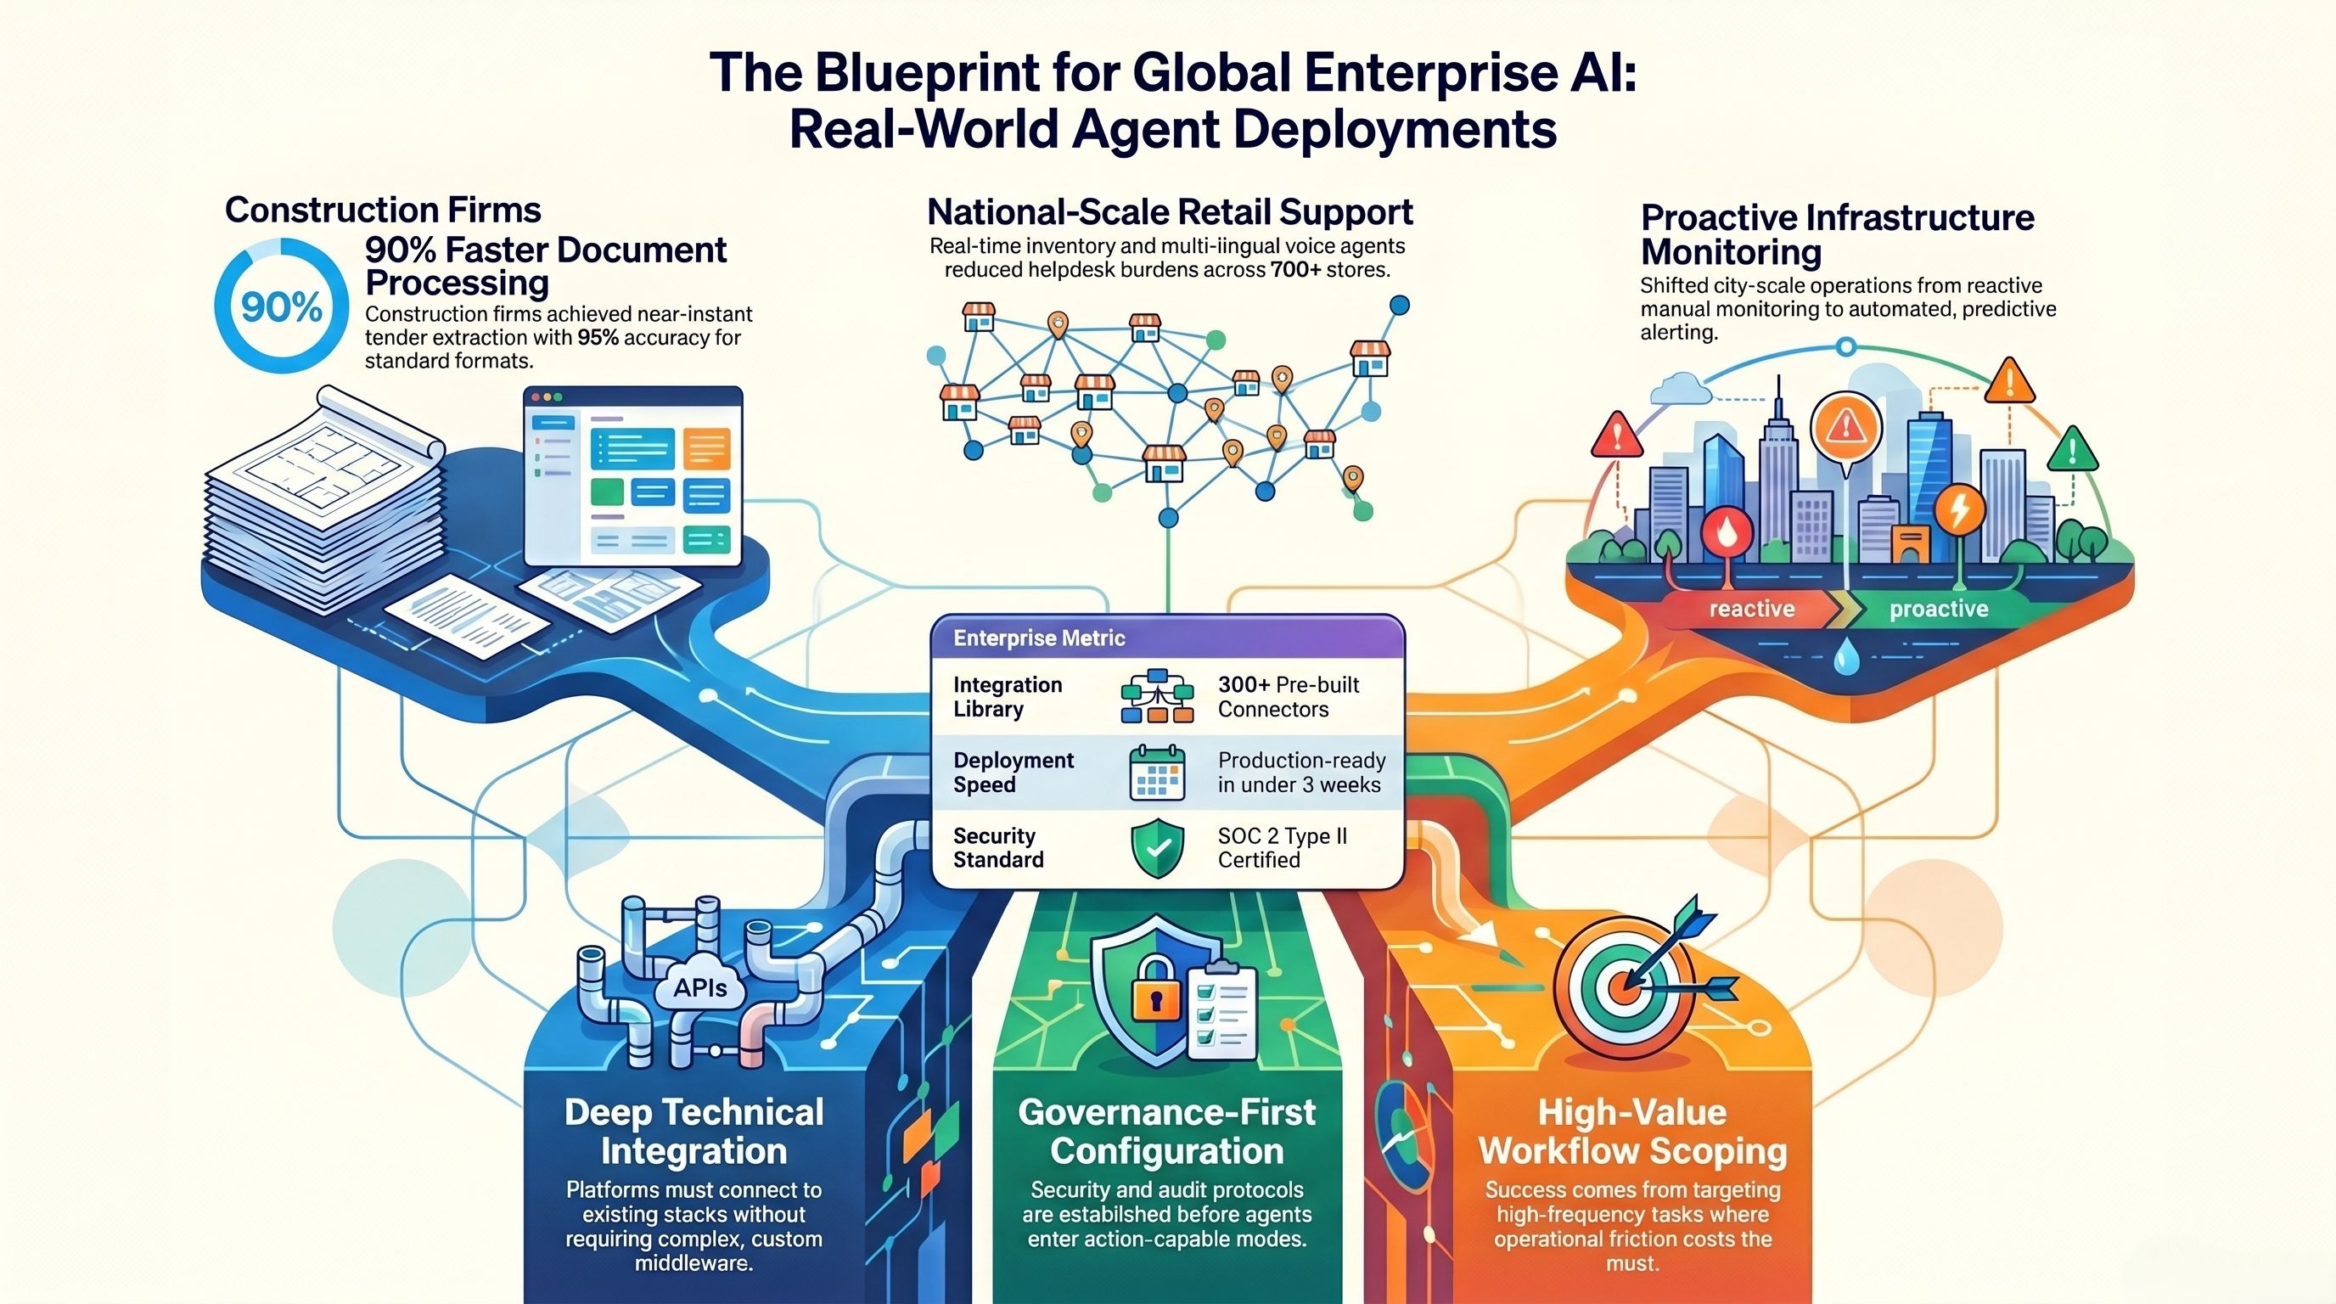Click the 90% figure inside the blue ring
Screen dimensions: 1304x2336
[281, 307]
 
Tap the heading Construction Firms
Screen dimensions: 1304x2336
[383, 211]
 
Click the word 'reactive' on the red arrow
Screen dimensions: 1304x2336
[1751, 609]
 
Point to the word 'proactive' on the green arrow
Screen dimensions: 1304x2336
[1939, 609]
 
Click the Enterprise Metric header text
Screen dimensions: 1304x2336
[1038, 638]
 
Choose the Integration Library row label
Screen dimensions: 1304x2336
[1007, 696]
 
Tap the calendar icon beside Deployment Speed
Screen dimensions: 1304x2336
[1156, 773]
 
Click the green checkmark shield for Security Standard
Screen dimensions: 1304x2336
[1157, 849]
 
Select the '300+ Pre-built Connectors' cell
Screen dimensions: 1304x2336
[1288, 696]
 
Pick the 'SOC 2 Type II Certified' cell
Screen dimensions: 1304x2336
[1282, 848]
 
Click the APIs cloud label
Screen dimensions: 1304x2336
[700, 987]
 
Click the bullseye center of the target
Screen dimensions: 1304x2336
[1624, 985]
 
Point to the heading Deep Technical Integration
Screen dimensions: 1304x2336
[693, 1131]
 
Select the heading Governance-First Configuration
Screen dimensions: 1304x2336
[1166, 1131]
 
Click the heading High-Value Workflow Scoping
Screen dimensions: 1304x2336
[1632, 1131]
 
